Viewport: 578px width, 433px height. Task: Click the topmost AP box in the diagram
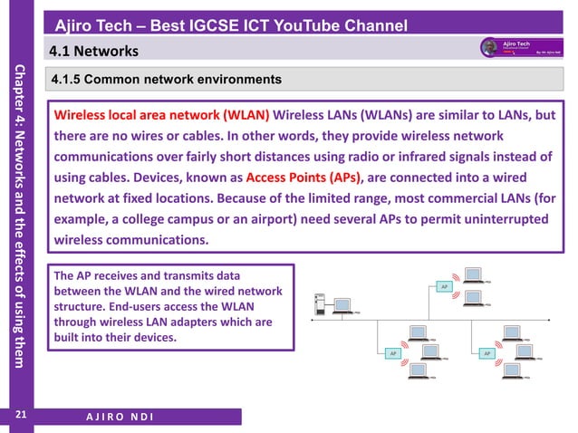444,286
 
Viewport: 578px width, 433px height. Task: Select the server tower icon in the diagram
318,304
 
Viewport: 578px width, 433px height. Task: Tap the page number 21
19,415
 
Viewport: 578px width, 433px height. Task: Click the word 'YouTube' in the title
309,24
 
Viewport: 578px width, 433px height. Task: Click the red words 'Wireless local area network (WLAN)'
162,115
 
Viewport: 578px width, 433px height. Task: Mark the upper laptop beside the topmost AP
472,273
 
